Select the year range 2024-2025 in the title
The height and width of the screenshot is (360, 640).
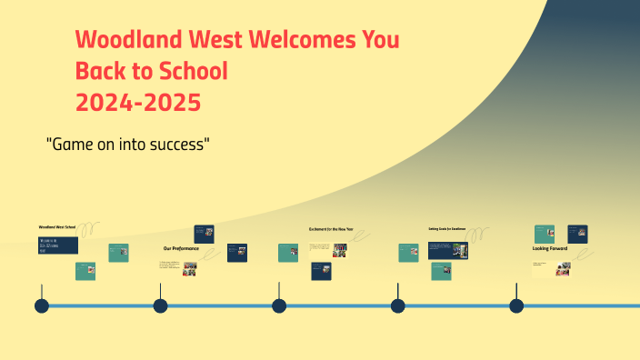pos(138,102)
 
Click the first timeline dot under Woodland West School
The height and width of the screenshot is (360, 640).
pos(41,305)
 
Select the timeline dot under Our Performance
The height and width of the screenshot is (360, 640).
pos(160,305)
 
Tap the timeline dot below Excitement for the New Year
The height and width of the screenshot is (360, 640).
pos(279,305)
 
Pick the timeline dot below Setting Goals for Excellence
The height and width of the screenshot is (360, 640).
pos(397,305)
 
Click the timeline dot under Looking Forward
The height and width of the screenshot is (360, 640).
pos(516,305)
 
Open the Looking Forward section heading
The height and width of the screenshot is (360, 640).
pos(550,248)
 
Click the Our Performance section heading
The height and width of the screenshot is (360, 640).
pos(180,248)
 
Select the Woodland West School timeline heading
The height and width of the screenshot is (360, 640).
pos(56,226)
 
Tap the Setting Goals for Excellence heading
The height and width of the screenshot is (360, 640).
pos(446,229)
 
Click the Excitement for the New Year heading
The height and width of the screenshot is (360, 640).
pos(331,229)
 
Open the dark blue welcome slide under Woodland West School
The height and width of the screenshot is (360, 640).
pos(58,245)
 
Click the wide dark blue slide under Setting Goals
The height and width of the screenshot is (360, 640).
pos(447,249)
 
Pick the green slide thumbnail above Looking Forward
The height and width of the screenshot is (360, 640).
pos(545,234)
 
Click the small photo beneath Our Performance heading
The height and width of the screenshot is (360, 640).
pos(189,268)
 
